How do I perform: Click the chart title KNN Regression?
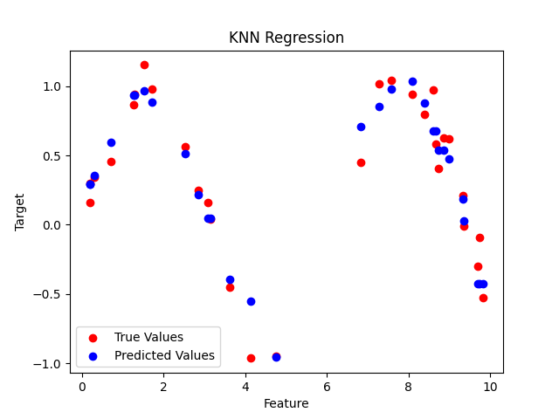(286, 38)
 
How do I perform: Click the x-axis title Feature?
(286, 403)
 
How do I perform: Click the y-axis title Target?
(20, 212)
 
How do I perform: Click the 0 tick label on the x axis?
(82, 386)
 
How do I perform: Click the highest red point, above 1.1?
(144, 65)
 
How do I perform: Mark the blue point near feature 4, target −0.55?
(251, 301)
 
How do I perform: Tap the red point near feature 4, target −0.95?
(251, 358)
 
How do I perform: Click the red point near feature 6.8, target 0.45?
(361, 162)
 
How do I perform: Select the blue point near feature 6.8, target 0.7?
(361, 127)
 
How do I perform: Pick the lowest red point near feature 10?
(483, 298)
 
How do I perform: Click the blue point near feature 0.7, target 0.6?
(111, 142)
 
